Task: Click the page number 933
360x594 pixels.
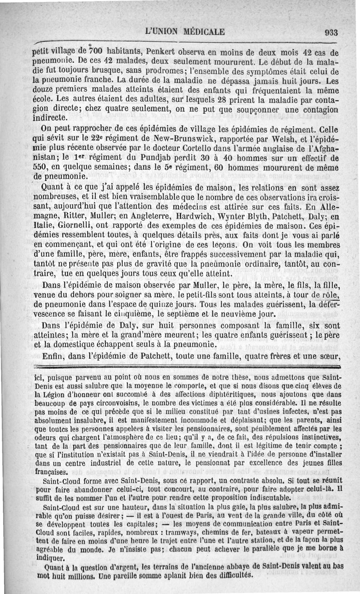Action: click(331, 32)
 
